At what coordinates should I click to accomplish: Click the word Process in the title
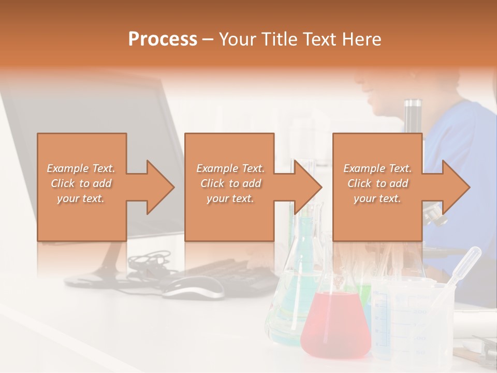click(x=163, y=39)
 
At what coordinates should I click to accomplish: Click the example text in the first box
click(x=81, y=183)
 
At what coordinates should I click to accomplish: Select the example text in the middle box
click(x=230, y=183)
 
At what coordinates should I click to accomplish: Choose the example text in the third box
click(x=377, y=183)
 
